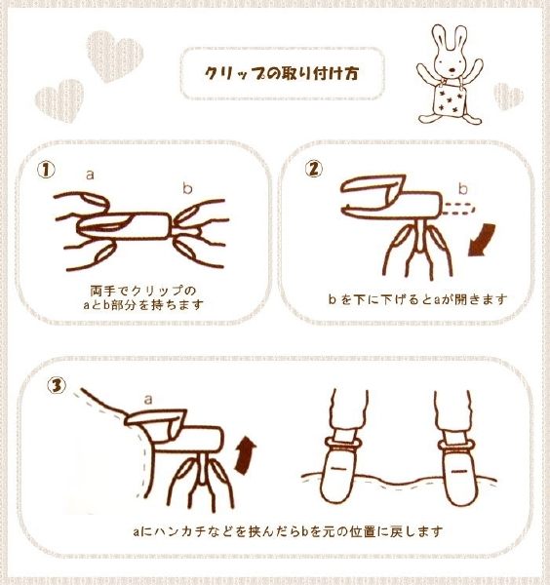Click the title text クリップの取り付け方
(282, 73)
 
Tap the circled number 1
(46, 170)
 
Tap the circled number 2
(314, 169)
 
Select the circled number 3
(57, 385)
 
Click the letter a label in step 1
(90, 175)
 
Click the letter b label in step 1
(187, 187)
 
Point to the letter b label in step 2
(462, 188)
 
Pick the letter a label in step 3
(148, 400)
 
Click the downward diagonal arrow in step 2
(482, 240)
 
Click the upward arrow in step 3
(245, 456)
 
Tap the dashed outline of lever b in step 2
(458, 209)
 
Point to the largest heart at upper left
(114, 56)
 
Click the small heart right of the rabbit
(508, 97)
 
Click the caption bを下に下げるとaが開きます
(418, 299)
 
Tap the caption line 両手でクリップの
(143, 290)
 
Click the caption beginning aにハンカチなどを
(288, 531)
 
